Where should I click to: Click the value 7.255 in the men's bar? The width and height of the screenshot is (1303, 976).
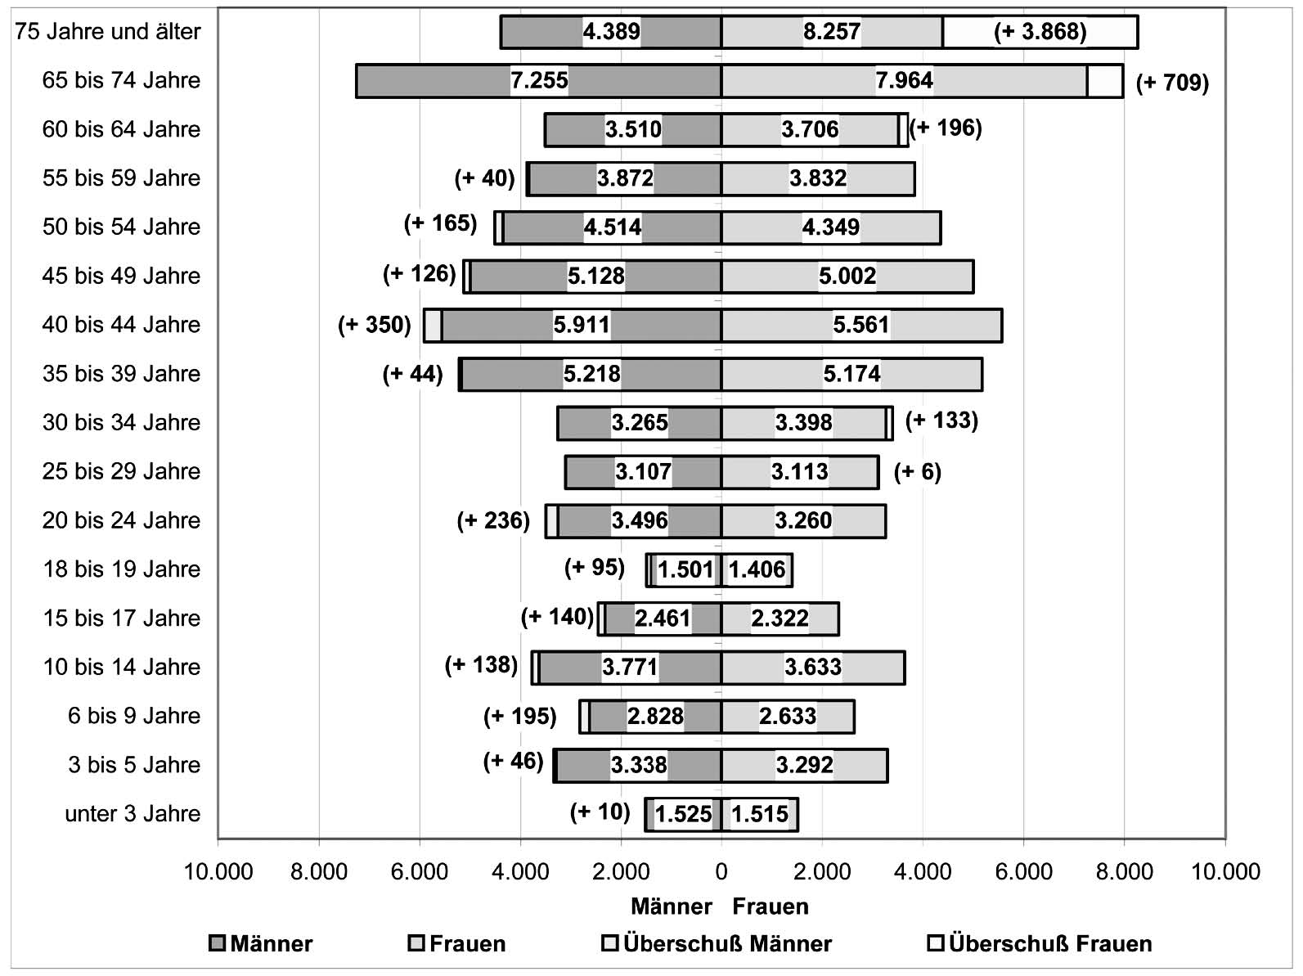tap(539, 80)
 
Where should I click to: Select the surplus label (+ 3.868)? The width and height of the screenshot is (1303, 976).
tap(1040, 32)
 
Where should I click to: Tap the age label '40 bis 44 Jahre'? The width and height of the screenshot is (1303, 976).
tap(121, 325)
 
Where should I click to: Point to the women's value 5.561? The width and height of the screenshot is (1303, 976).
tap(860, 325)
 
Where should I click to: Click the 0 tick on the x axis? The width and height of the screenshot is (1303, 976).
tap(721, 871)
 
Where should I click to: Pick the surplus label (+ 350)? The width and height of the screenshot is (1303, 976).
tap(375, 325)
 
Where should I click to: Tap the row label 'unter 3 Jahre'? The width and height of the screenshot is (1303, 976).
tap(133, 814)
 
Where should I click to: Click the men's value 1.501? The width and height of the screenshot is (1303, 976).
tap(685, 569)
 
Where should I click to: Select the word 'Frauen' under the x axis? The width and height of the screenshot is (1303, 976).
tap(770, 906)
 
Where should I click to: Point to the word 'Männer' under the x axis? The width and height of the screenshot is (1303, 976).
tap(672, 906)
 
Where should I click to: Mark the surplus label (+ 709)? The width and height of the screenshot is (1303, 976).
tap(1172, 83)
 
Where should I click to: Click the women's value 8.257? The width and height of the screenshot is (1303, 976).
tap(831, 32)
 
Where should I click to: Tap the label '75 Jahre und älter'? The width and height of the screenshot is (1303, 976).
tap(108, 32)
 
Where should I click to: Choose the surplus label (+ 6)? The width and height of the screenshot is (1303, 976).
tap(917, 472)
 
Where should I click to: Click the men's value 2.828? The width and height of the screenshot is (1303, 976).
tap(655, 716)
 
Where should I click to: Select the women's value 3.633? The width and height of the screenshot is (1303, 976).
tap(812, 667)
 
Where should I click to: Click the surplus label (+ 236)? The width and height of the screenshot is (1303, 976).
tap(493, 520)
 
